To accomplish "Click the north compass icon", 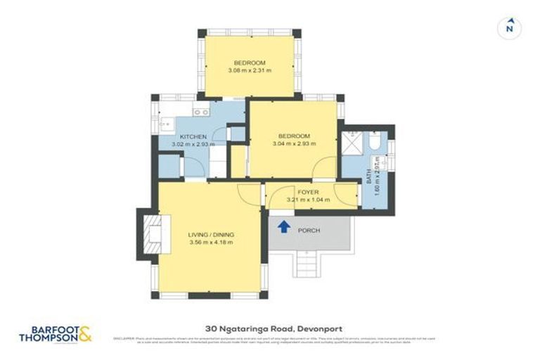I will coord(510,28).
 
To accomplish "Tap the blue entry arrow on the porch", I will coord(284,226).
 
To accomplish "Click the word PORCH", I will coord(309,230).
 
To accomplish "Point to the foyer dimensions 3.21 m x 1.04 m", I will coord(309,200).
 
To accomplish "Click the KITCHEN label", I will coord(193,136).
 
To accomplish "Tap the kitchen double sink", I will coord(201,112).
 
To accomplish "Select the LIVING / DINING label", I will coord(211,234).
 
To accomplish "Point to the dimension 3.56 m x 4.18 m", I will coord(211,243).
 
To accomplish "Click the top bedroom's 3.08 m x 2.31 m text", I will coord(250,70).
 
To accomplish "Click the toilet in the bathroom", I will coord(374,146).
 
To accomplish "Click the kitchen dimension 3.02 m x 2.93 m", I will coord(193,145).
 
